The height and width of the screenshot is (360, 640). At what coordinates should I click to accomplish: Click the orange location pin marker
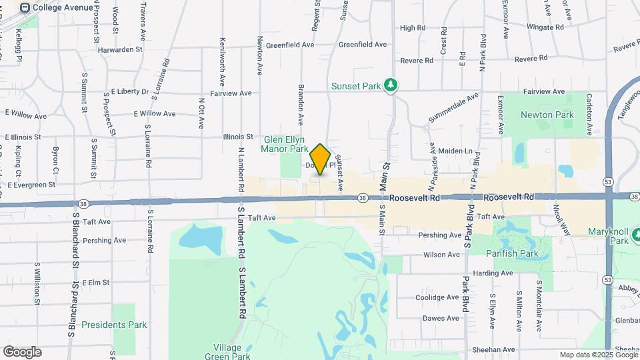[321, 159]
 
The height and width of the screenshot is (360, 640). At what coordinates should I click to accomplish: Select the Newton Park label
[547, 115]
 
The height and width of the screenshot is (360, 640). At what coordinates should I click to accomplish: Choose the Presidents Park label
[113, 325]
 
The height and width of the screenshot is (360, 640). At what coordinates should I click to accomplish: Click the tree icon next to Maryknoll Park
[636, 235]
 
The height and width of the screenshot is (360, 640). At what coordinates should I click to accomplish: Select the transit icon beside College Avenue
[25, 7]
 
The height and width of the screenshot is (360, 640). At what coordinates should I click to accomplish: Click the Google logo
[22, 352]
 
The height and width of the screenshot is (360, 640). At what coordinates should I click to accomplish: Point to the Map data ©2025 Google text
[598, 355]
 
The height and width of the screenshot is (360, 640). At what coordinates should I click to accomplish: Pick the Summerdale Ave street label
[453, 107]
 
